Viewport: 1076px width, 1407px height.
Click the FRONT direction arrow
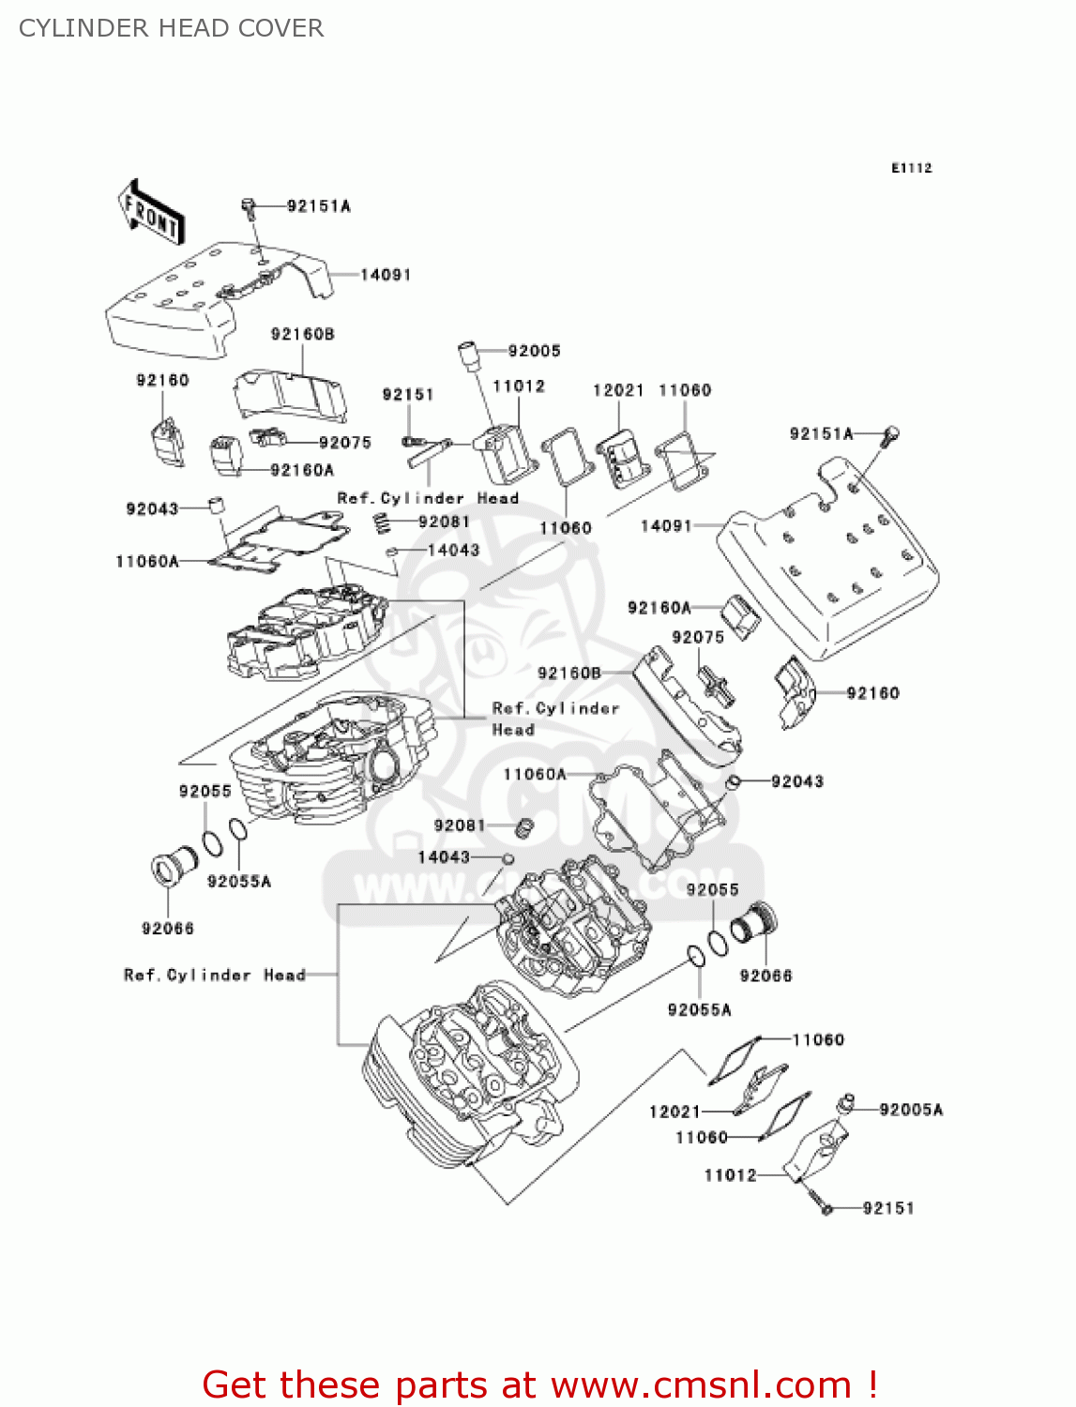pos(150,213)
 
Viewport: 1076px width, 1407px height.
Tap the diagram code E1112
pos(911,168)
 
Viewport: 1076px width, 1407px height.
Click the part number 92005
pos(534,351)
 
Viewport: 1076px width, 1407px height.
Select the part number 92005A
pos(911,1110)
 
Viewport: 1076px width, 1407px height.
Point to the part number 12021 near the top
pos(618,390)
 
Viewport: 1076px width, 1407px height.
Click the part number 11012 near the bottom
pos(730,1175)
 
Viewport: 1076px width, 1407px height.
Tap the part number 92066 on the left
pos(168,929)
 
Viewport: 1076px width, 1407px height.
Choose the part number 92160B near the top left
pos(302,335)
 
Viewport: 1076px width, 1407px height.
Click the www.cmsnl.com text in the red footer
pos(701,1385)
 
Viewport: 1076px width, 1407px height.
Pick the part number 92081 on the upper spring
pos(444,522)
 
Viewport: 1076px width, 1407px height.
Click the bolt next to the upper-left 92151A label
pos(249,205)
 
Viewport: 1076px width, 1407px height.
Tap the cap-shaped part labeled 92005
pos(468,356)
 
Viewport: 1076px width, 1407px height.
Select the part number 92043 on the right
pos(796,781)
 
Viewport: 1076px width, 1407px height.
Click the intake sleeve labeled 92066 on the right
pos(755,923)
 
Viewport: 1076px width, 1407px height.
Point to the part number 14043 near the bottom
pos(444,857)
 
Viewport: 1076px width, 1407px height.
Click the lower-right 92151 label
pos(887,1208)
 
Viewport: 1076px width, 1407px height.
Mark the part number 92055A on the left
pos(238,882)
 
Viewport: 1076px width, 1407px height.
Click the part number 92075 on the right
pos(698,638)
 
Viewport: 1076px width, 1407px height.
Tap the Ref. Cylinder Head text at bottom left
pos(215,976)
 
